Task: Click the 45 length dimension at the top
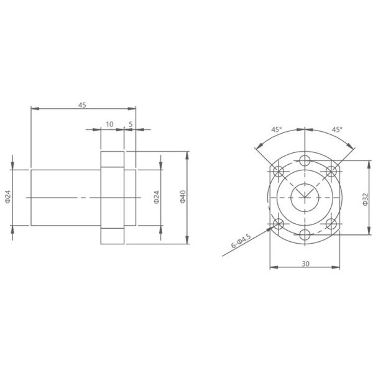coord(82,105)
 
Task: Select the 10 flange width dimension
coord(109,124)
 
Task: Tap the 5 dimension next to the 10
coord(131,124)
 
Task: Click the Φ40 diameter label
coord(183,197)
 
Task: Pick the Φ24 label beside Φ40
coord(156,198)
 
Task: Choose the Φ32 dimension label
coord(366,200)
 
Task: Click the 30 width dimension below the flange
coord(305,264)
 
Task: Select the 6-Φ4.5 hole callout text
coord(241,241)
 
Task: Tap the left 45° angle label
coord(277,129)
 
